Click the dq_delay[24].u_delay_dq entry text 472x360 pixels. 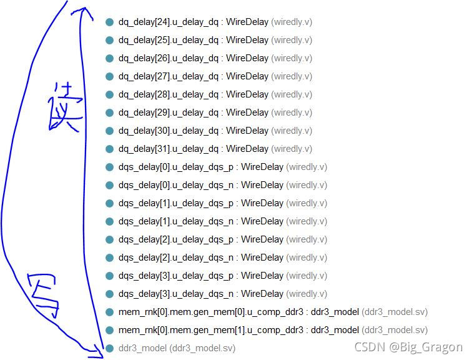tap(169, 22)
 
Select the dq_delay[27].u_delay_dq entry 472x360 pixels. tap(169, 76)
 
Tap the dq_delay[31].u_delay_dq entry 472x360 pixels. tap(169, 149)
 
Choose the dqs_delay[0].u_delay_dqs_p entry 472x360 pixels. tap(176, 167)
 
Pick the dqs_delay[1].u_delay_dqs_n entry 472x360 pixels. tap(176, 221)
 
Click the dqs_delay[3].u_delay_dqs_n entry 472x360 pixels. tap(176, 294)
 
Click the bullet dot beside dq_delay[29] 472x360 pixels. tap(110, 112)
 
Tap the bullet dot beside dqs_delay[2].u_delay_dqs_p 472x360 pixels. tap(110, 239)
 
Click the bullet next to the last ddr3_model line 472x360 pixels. tap(110, 348)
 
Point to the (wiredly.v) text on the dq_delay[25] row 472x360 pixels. tap(292, 40)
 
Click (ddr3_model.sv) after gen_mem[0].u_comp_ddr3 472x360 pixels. tap(395, 312)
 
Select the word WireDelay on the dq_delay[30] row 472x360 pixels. tap(247, 131)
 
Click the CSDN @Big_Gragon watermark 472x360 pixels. tap(408, 347)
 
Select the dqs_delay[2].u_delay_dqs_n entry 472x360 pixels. tap(176, 257)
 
